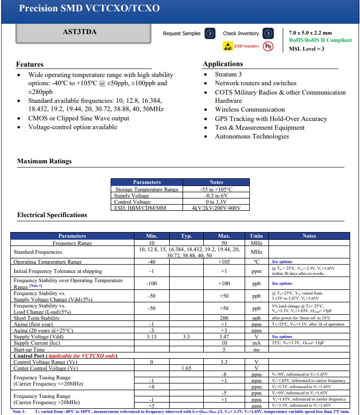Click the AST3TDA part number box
click(80, 33)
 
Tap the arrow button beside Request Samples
click(209, 34)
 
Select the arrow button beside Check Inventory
click(268, 34)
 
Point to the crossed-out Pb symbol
click(268, 46)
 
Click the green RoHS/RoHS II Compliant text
click(320, 40)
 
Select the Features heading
click(29, 65)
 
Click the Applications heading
click(222, 64)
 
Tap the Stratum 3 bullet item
click(228, 74)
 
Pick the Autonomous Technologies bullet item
click(252, 136)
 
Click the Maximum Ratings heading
click(44, 161)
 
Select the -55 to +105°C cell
click(216, 189)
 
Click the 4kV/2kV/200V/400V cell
click(216, 208)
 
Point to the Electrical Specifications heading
click(52, 215)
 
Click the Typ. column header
click(186, 236)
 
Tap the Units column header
click(257, 236)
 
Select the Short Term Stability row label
click(37, 318)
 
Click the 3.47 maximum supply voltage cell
click(224, 336)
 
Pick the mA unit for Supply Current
click(257, 343)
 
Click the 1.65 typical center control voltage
click(186, 368)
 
